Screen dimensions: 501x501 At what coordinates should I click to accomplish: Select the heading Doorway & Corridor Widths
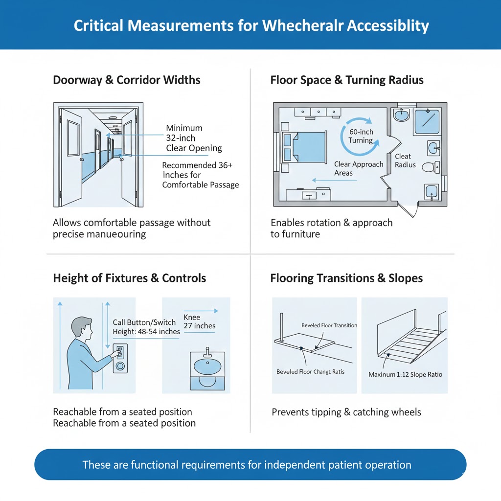coord(127,80)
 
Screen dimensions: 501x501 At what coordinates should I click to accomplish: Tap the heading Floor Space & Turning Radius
coord(347,80)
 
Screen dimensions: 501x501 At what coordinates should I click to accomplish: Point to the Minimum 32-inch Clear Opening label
coord(194,138)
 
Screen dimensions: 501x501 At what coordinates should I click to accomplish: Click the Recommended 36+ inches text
coord(198,166)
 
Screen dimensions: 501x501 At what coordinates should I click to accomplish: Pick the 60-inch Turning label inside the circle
coord(361,136)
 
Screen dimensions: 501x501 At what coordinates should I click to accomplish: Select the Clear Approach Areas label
coord(359,168)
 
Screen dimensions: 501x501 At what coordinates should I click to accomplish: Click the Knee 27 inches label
coord(199,321)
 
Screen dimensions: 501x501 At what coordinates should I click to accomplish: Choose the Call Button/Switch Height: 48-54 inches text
coord(146,327)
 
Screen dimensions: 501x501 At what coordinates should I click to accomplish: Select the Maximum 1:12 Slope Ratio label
coord(405,374)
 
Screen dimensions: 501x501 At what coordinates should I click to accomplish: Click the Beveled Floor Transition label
coord(329,325)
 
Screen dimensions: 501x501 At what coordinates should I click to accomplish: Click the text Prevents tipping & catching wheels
coord(346,412)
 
